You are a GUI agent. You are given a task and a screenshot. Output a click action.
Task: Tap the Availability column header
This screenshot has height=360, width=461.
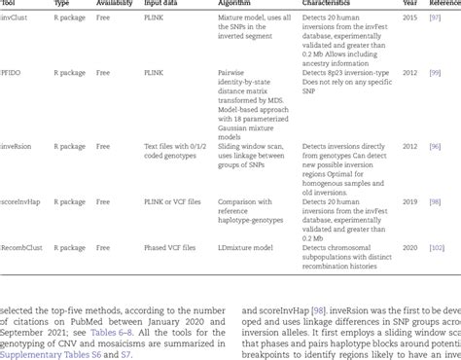[115, 3]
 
